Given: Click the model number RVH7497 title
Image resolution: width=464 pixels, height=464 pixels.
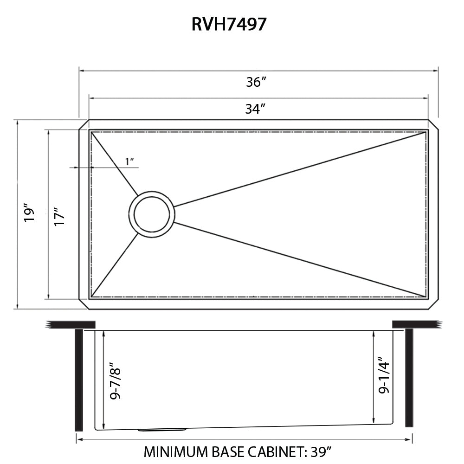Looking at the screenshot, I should pyautogui.click(x=229, y=24).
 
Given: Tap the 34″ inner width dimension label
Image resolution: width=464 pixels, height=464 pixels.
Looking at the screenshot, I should pyautogui.click(x=255, y=109).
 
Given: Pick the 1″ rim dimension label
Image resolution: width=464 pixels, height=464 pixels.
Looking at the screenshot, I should pyautogui.click(x=129, y=161).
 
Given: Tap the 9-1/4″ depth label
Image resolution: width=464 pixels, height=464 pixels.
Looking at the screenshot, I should pyautogui.click(x=384, y=375).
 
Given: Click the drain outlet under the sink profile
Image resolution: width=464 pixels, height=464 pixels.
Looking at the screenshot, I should pyautogui.click(x=162, y=430).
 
